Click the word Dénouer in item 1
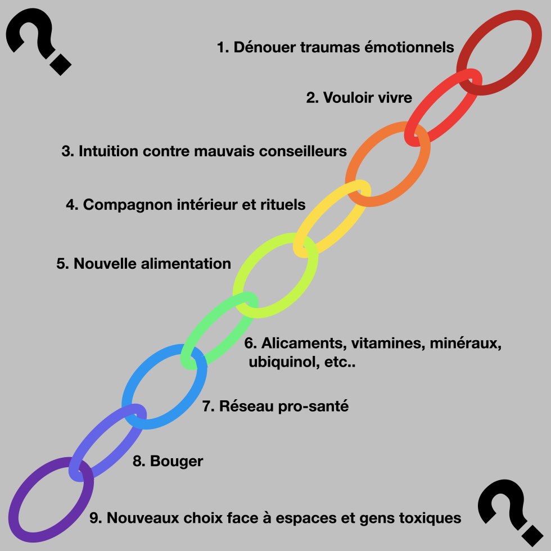(x=258, y=47)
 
